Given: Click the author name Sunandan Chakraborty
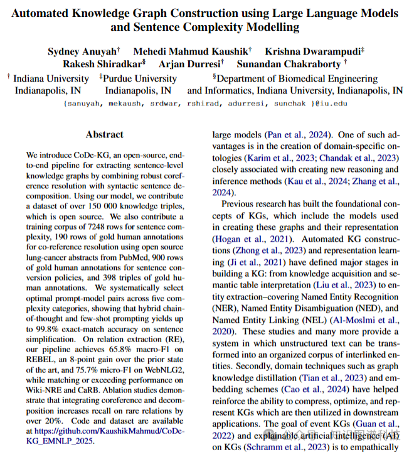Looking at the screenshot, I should click(x=290, y=63).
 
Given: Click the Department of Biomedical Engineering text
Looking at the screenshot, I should click(x=295, y=78).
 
